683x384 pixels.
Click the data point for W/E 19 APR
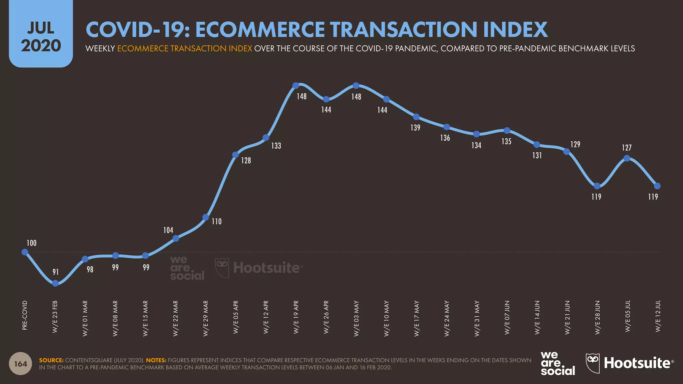tap(295, 86)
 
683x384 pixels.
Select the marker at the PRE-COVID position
tap(25, 252)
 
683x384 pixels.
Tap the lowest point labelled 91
tap(55, 283)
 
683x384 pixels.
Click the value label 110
tap(216, 221)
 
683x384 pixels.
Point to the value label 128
tap(246, 160)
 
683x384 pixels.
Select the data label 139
tap(415, 128)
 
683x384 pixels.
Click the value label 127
tap(627, 148)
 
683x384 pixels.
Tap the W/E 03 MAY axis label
tap(357, 318)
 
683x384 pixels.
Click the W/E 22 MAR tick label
tap(175, 318)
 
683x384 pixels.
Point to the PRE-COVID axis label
tap(25, 315)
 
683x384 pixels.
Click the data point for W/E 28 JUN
tap(597, 186)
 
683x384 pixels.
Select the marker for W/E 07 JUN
tap(507, 130)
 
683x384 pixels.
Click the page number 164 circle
tap(20, 364)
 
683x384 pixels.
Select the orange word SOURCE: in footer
tap(51, 360)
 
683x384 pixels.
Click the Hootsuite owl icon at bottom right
tap(593, 363)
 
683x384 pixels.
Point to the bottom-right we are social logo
tap(558, 363)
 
